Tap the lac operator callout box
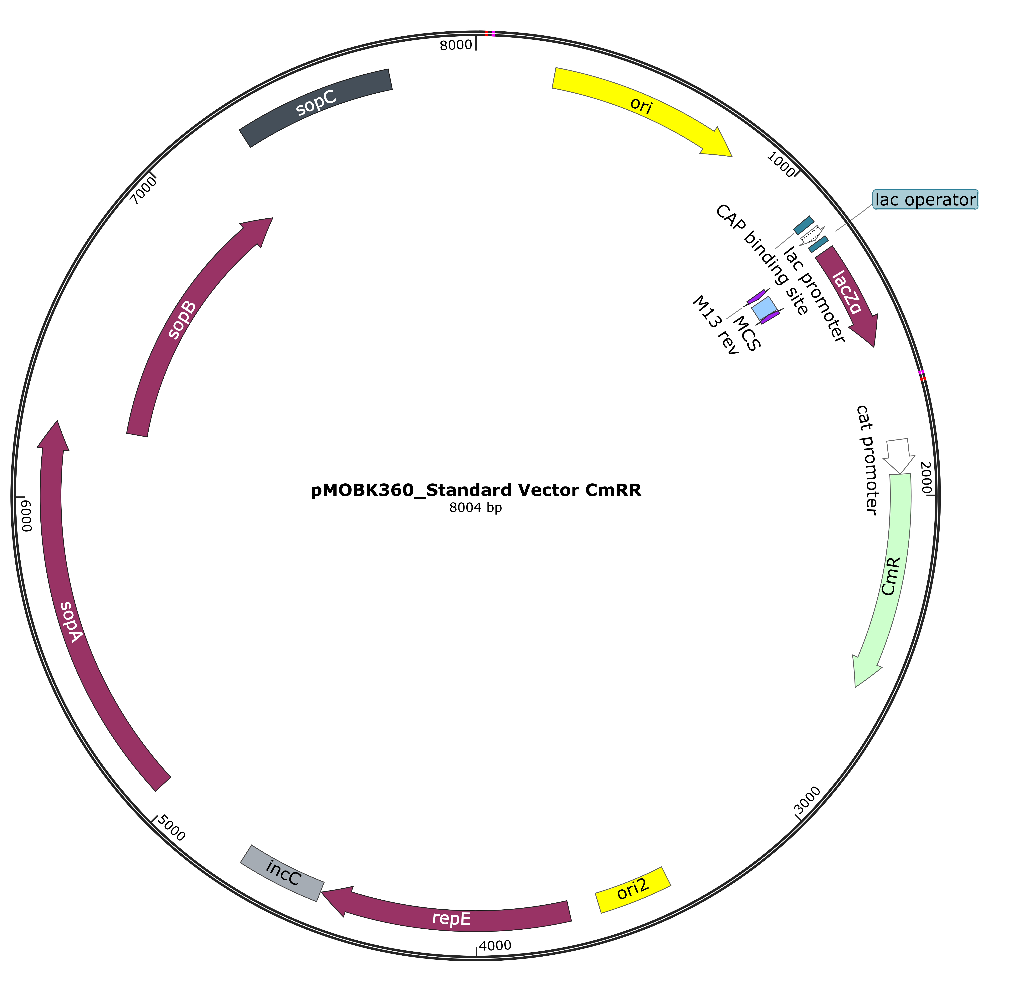click(x=925, y=200)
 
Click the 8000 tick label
click(x=456, y=45)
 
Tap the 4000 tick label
click(x=495, y=945)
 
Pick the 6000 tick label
click(x=26, y=515)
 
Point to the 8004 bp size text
click(x=476, y=508)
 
